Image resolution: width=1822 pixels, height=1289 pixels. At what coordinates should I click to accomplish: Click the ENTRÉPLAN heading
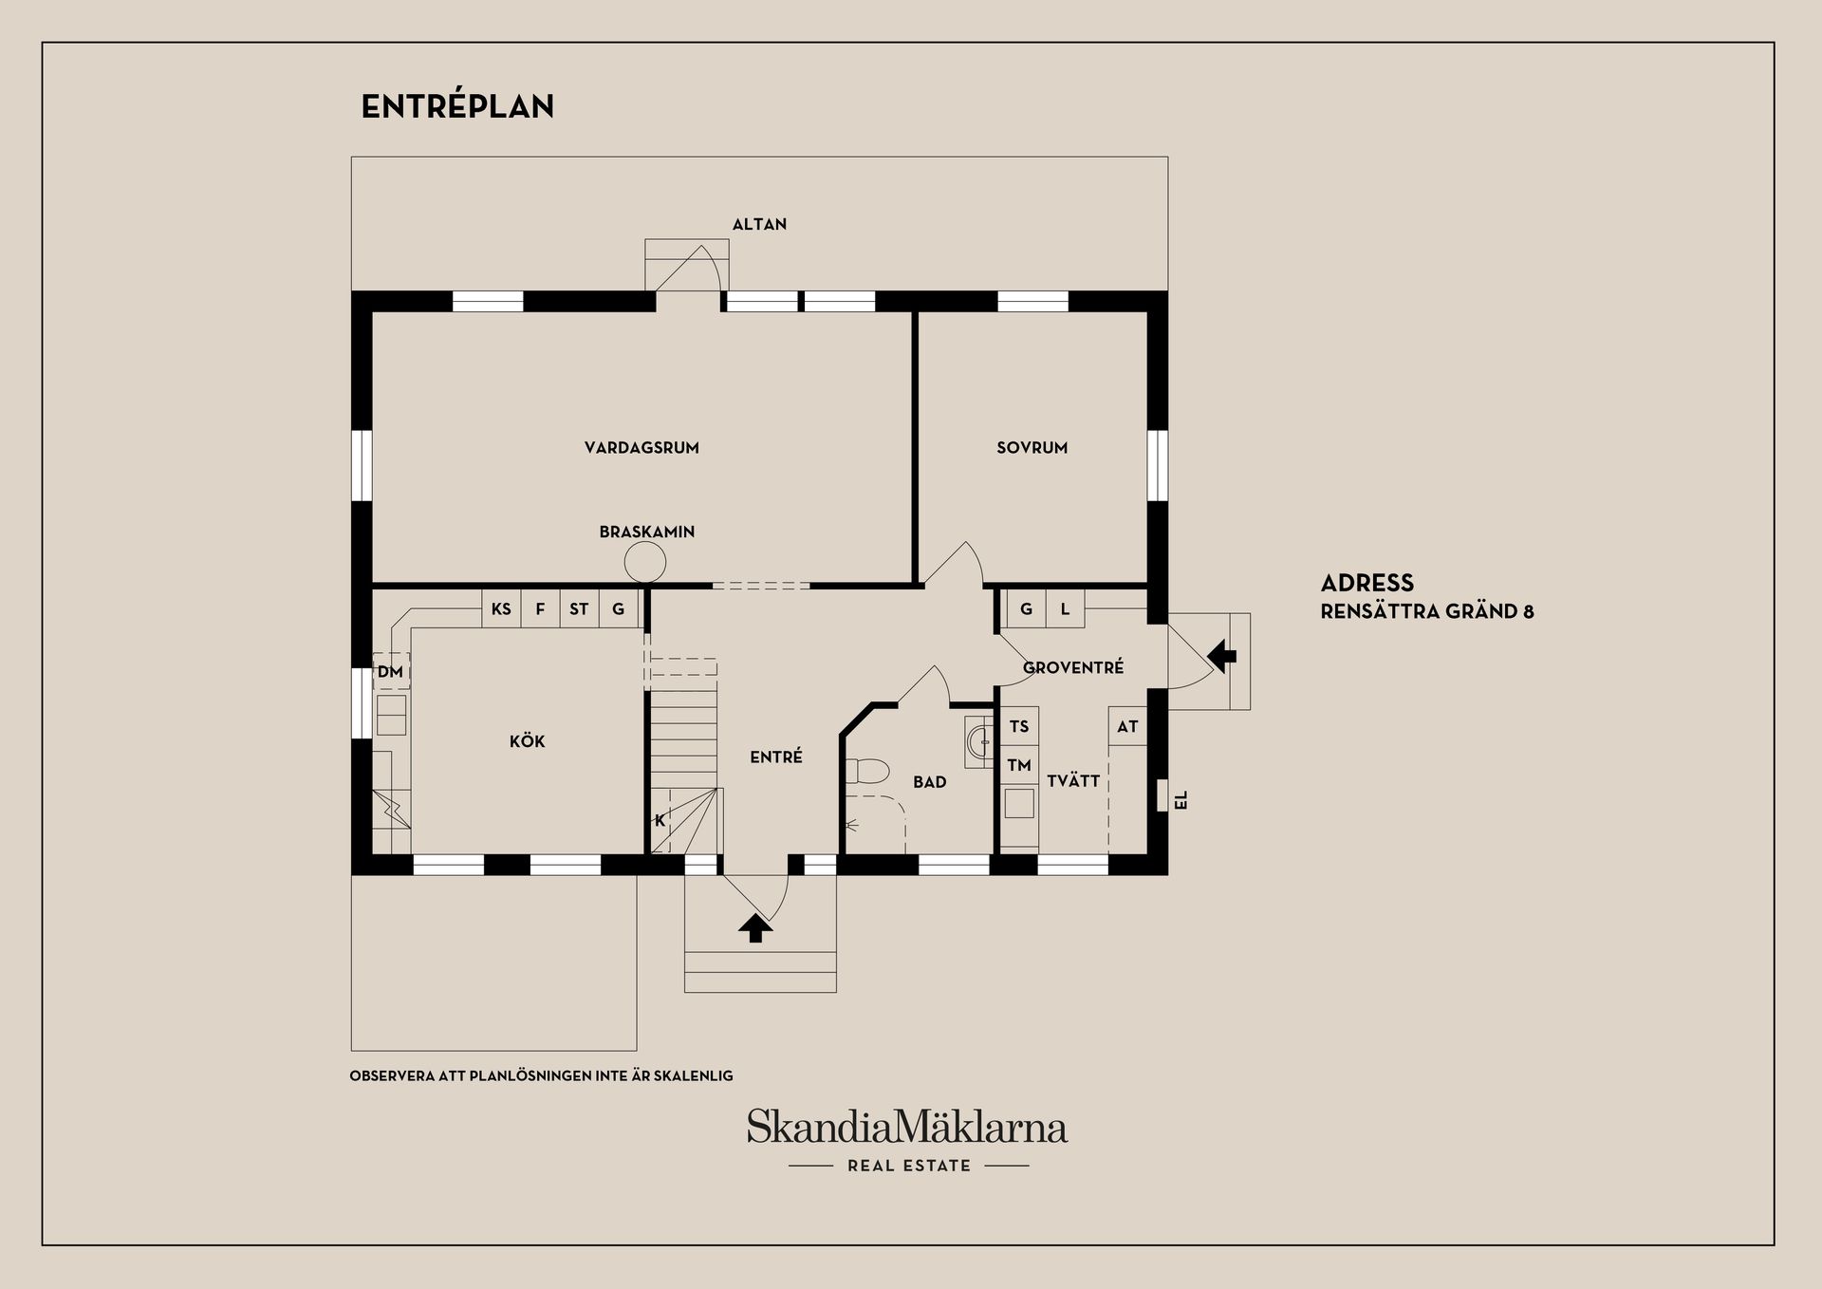pos(457,106)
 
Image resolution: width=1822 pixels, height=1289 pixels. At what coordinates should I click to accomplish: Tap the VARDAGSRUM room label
pos(641,448)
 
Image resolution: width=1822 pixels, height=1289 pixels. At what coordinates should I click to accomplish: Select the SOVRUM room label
pos(1032,448)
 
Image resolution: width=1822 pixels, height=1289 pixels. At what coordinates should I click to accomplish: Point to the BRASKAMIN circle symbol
pos(645,564)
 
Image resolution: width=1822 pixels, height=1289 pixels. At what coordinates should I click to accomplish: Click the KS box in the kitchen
pos(501,608)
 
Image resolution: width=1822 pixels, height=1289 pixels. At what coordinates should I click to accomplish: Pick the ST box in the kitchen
pos(579,608)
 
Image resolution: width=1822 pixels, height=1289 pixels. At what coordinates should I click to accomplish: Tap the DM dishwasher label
pos(390,672)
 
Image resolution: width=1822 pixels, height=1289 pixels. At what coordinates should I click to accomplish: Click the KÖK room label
pos(527,741)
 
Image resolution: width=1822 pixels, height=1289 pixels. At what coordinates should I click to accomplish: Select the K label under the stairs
pos(660,821)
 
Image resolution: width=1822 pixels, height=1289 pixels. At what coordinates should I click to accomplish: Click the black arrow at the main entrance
pos(755,928)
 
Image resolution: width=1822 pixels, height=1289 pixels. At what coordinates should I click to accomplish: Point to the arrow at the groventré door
pos(1221,655)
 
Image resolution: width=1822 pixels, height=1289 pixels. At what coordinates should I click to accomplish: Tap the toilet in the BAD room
pos(865,769)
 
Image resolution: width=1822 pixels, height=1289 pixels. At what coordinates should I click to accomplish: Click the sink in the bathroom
pos(978,741)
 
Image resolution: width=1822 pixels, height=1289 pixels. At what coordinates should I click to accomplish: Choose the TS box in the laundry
pos(1019,727)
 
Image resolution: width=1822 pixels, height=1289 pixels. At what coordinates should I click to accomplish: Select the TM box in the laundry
pos(1019,765)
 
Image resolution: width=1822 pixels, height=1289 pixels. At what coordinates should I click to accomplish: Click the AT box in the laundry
pos(1127,727)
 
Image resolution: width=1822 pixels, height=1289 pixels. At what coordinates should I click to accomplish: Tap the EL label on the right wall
pos(1181,800)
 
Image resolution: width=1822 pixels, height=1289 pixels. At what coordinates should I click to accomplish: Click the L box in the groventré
pos(1065,609)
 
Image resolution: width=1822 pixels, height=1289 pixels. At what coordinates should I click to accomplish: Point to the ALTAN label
pos(759,225)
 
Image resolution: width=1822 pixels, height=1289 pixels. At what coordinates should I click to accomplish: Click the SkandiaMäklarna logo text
pos(907,1127)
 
